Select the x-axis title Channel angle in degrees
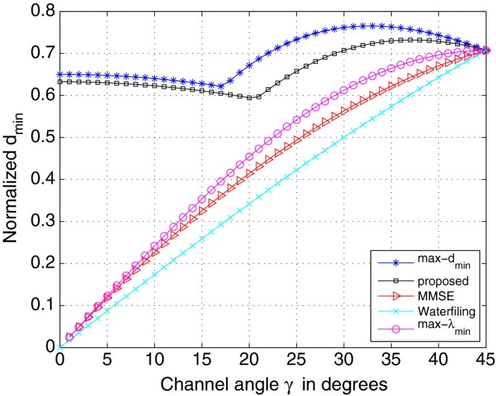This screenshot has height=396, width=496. [x=273, y=381]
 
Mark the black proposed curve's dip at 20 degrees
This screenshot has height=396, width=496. [x=249, y=97]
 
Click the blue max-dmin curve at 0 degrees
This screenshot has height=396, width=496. [x=59, y=74]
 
